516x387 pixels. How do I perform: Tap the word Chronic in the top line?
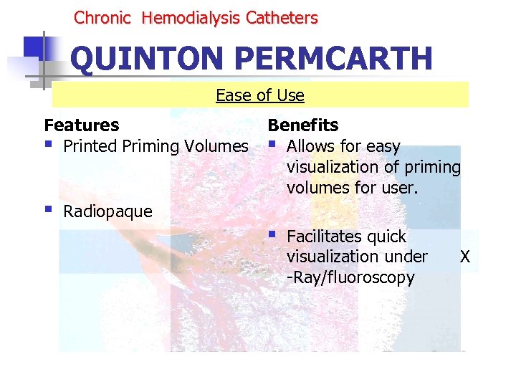(x=102, y=18)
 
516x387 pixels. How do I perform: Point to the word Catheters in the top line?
(x=282, y=18)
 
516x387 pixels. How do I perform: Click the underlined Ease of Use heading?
(x=260, y=95)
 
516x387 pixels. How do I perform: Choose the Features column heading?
(x=82, y=125)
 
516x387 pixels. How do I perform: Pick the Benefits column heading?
(x=303, y=125)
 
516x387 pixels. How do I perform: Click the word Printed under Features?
(x=90, y=146)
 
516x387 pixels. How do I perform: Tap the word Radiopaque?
(x=108, y=211)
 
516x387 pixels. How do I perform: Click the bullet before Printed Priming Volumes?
(x=49, y=145)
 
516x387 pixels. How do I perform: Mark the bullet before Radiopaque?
(x=49, y=211)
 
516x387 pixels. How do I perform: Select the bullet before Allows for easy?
(x=272, y=145)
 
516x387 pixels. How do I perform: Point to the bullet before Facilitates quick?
(x=272, y=236)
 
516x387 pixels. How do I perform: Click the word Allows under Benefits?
(x=310, y=146)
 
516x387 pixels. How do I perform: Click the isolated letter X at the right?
(x=465, y=257)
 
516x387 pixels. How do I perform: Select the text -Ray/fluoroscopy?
(x=350, y=277)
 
